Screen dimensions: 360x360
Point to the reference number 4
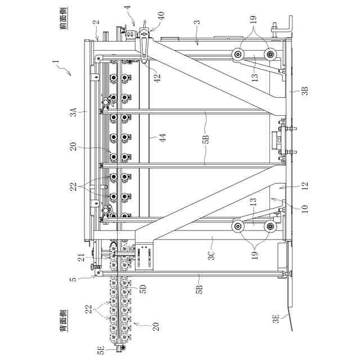tap(127, 8)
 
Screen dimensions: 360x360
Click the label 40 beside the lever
tap(163, 17)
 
